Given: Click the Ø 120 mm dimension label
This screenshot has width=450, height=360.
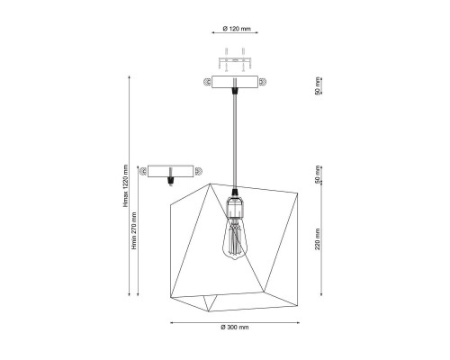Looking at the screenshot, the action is (237, 29).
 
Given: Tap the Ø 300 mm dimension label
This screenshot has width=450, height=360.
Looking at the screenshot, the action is (235, 327).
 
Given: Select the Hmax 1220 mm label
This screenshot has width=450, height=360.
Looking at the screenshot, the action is (125, 185).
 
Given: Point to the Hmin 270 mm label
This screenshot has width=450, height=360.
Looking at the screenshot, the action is (134, 230).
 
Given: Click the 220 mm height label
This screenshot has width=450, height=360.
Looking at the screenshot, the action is (318, 239).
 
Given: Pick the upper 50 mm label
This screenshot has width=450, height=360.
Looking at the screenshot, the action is (318, 86).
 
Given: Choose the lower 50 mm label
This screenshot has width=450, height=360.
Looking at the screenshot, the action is (318, 175).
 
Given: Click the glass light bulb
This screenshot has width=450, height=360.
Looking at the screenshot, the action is (235, 238).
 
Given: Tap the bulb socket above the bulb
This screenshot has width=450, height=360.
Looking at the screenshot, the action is (235, 205).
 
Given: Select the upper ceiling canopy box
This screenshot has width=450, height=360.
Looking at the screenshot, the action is (235, 82).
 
